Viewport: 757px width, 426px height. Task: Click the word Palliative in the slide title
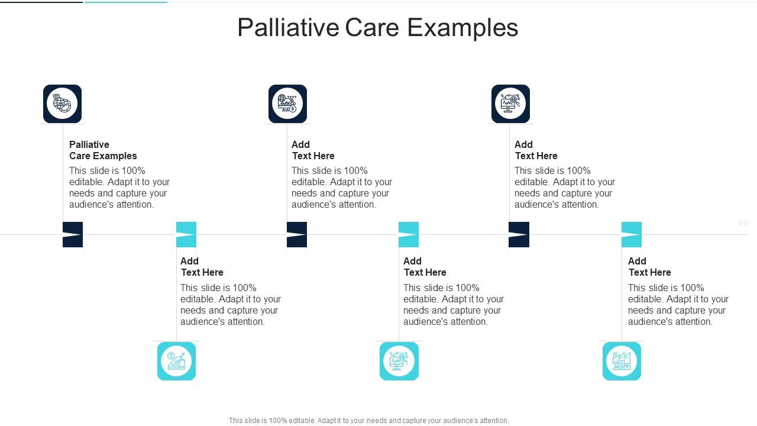(x=288, y=28)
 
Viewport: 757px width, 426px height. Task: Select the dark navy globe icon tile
(x=62, y=104)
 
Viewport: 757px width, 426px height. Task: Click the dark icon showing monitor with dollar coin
(x=287, y=104)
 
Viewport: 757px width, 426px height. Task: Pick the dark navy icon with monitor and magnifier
(x=510, y=104)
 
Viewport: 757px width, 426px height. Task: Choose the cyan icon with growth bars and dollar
(x=176, y=361)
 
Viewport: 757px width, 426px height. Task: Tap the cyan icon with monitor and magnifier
(x=399, y=361)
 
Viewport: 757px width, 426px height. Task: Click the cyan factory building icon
(x=622, y=361)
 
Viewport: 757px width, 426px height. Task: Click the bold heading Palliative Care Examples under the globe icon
(x=103, y=150)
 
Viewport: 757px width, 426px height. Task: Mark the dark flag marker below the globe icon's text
(x=73, y=234)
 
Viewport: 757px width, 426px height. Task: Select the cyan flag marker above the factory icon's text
(x=632, y=234)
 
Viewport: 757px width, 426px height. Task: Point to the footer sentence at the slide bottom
(x=368, y=421)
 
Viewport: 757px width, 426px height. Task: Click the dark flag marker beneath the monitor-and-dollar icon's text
(x=297, y=234)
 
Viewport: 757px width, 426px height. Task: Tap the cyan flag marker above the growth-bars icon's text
(x=186, y=234)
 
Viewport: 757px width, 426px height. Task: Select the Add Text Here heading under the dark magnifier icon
(x=536, y=150)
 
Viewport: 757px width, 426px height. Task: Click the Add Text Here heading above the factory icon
(x=649, y=267)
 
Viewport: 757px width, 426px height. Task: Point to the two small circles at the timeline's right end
(x=743, y=223)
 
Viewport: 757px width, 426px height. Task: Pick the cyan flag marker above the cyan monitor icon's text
(x=409, y=234)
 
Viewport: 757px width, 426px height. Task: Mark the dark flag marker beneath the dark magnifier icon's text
(x=519, y=234)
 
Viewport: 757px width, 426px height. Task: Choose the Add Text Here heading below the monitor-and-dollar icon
(x=313, y=150)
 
